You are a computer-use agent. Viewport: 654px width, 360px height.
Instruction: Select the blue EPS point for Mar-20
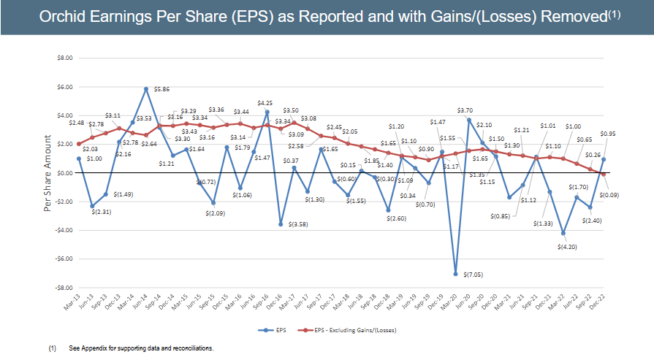coord(455,274)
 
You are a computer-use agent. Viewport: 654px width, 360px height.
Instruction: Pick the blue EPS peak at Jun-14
coord(146,88)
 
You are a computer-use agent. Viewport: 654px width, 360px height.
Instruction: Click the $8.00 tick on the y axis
coord(64,58)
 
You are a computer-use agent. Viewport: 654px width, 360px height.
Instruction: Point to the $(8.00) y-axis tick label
coord(62,288)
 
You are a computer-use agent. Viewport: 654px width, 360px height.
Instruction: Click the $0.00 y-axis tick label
coord(64,173)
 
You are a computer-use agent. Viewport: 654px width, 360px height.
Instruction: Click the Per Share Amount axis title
coord(47,173)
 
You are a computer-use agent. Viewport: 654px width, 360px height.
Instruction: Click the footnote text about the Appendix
coord(141,348)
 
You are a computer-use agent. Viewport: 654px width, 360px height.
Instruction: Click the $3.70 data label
coord(465,110)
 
